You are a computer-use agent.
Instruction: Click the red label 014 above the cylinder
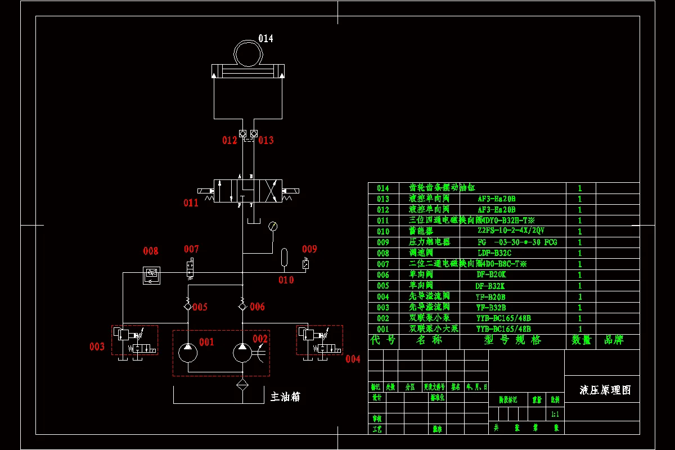[x=265, y=39]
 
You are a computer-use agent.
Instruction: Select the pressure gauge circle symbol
[x=273, y=226]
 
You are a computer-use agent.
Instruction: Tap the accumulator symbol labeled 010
[x=285, y=256]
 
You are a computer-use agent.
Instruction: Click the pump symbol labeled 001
[x=188, y=353]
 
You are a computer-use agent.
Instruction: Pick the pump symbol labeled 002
[x=242, y=353]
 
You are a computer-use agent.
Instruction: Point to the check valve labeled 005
[x=187, y=306]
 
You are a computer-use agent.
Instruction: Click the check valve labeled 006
[x=242, y=306]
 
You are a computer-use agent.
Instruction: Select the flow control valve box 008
[x=151, y=273]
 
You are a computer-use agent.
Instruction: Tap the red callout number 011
[x=191, y=203]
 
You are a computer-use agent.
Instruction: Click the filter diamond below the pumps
[x=242, y=385]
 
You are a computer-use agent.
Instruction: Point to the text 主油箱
[x=285, y=397]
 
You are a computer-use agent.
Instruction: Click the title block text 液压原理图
[x=605, y=390]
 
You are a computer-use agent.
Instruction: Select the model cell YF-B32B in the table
[x=490, y=308]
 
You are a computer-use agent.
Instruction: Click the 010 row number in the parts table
[x=383, y=232]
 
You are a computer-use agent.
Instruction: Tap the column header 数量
[x=582, y=340]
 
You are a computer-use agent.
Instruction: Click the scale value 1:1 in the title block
[x=555, y=414]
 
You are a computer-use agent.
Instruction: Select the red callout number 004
[x=353, y=359]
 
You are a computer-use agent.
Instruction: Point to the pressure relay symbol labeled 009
[x=305, y=263]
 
